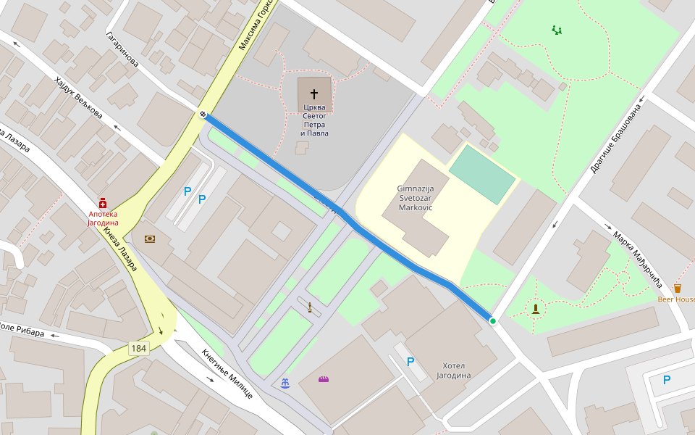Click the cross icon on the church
(x=314, y=94)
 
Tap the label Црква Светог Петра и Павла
(x=314, y=120)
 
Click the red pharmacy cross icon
(x=103, y=203)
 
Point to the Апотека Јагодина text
(x=103, y=218)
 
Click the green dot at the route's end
(x=492, y=320)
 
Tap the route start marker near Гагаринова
(x=203, y=114)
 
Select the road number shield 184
(x=138, y=349)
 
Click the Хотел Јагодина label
(x=453, y=370)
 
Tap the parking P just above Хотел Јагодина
(x=410, y=361)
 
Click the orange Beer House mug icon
(x=677, y=288)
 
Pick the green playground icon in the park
(x=556, y=30)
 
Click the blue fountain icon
(x=285, y=382)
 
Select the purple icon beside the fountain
(x=323, y=379)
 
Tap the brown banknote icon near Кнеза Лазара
(x=150, y=239)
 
